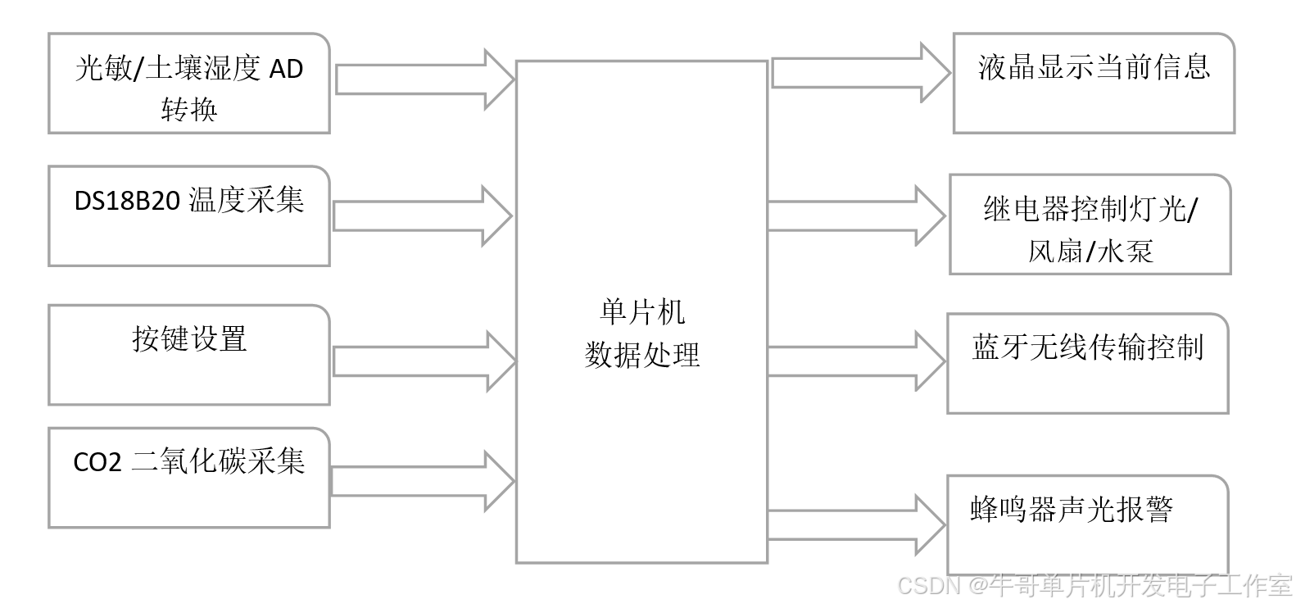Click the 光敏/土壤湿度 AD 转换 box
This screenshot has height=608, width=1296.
click(x=188, y=84)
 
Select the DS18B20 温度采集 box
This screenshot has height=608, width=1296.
click(x=188, y=216)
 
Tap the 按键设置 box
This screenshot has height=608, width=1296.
click(x=188, y=355)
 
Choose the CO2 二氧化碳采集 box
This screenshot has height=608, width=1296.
click(x=188, y=478)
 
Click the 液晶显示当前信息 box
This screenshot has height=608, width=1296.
click(x=1094, y=84)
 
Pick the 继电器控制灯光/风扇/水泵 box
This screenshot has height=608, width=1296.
click(x=1090, y=225)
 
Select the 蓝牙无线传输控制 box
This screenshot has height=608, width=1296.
click(x=1087, y=363)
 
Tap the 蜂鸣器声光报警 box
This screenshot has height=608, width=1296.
click(x=1087, y=524)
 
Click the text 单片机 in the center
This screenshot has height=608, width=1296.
click(x=642, y=312)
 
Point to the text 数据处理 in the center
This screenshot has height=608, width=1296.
click(x=642, y=355)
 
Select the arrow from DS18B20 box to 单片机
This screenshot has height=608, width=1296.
click(x=422, y=216)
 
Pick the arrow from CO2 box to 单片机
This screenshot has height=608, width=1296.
click(x=422, y=482)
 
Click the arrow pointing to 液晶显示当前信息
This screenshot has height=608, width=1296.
click(x=860, y=73)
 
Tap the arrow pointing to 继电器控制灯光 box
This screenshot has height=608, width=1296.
click(x=856, y=216)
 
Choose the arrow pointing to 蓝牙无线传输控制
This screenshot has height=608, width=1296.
click(x=856, y=361)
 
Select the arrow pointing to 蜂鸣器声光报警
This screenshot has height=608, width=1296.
click(x=856, y=524)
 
